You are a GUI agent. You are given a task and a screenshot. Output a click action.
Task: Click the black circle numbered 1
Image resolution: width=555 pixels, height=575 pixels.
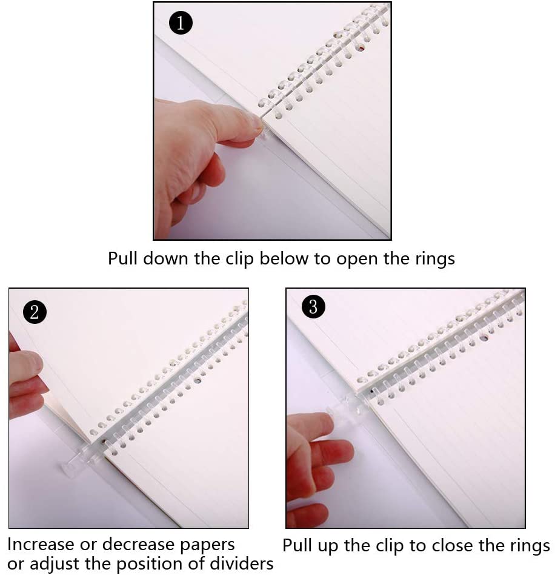tap(181, 24)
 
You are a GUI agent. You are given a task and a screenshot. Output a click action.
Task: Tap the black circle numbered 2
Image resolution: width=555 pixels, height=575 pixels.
tap(35, 312)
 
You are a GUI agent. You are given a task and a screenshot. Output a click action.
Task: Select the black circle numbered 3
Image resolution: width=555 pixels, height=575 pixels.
tap(313, 307)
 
